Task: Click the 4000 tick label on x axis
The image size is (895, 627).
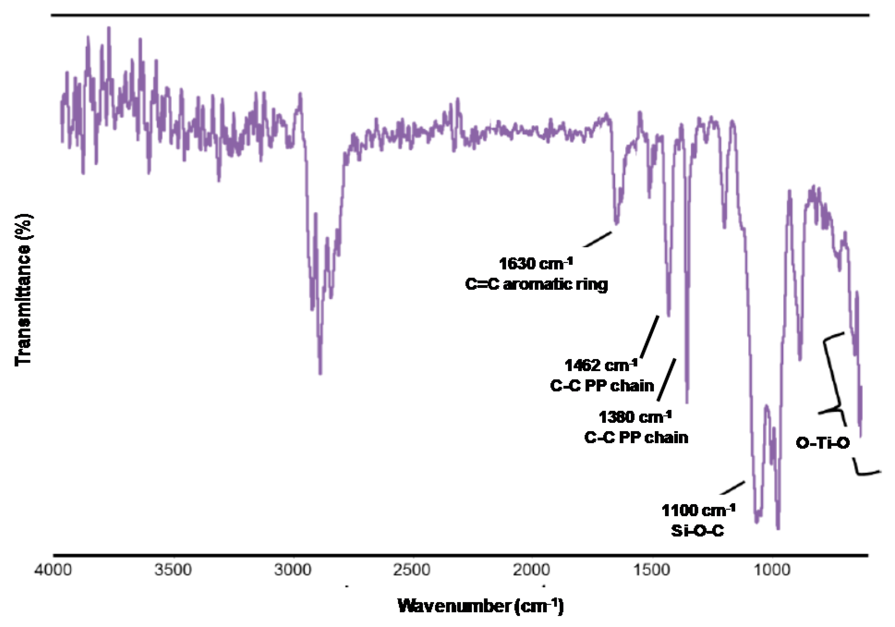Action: point(53,570)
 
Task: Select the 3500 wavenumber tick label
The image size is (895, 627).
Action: point(173,570)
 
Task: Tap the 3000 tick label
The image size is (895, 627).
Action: point(292,570)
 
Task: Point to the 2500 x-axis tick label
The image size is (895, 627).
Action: point(411,570)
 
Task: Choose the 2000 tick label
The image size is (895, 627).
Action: point(531,570)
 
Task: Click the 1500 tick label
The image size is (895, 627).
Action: point(651,570)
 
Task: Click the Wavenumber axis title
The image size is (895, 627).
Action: point(480,605)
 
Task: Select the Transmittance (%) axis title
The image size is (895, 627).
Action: point(23,290)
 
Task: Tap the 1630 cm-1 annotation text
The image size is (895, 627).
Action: point(536,264)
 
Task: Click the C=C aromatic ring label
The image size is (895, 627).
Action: point(536,284)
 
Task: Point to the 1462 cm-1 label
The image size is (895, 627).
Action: point(601,365)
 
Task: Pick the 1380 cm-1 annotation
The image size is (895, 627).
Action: point(635,417)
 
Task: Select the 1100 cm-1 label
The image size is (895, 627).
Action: point(698,511)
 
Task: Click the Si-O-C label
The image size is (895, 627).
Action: point(697,531)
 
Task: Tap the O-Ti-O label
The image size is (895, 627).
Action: point(822,443)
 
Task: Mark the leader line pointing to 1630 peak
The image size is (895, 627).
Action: point(598,239)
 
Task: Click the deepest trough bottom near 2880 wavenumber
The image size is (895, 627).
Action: point(320,372)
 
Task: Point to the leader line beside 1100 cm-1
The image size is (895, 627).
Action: point(732,488)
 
